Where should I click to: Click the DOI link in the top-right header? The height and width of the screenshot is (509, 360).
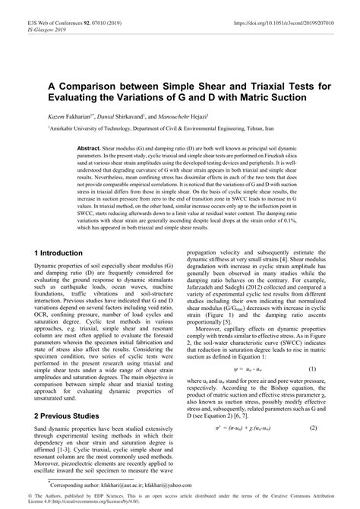(x=282, y=6)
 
